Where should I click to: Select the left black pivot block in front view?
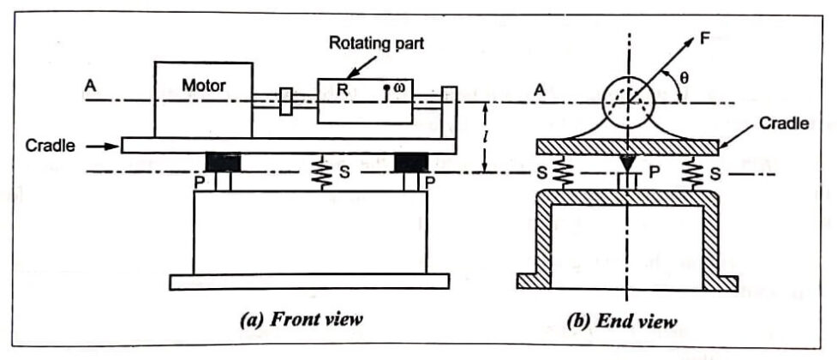tap(224, 162)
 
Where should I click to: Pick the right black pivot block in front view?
tap(409, 162)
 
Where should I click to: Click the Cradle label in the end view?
tap(783, 123)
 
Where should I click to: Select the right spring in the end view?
tap(692, 174)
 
